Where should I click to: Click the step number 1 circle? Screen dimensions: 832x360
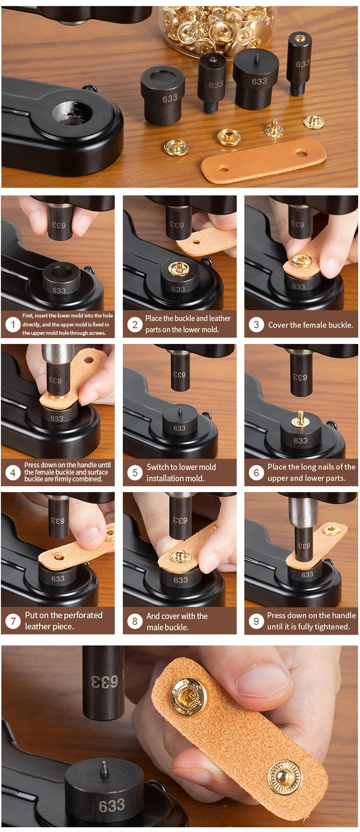(13, 324)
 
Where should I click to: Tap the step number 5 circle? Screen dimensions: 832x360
(135, 473)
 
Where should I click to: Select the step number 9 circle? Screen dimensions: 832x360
(256, 621)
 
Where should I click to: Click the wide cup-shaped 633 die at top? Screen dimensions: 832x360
(162, 95)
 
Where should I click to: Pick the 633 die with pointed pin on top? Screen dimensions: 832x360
(256, 79)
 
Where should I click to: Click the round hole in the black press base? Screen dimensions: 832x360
(72, 113)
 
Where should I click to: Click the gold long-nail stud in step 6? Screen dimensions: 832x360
(300, 419)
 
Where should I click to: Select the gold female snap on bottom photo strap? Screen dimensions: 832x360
(189, 696)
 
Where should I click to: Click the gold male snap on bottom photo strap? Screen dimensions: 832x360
(284, 777)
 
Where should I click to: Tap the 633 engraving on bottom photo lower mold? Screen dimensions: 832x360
(111, 805)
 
